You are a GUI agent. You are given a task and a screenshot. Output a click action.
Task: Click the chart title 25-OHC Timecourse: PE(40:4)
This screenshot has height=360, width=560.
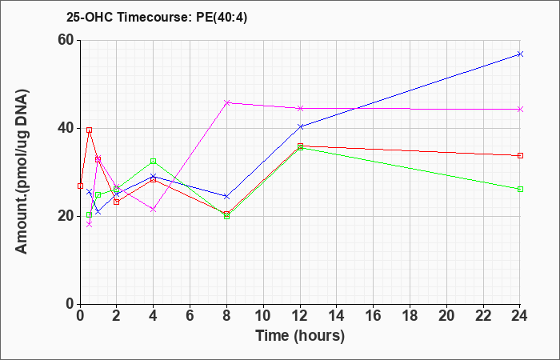click(x=157, y=18)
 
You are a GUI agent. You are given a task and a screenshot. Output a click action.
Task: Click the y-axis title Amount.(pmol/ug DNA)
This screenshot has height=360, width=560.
click(x=22, y=171)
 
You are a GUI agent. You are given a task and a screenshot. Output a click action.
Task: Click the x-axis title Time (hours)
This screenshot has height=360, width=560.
click(x=300, y=336)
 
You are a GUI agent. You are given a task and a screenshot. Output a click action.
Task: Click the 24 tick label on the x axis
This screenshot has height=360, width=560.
click(x=520, y=316)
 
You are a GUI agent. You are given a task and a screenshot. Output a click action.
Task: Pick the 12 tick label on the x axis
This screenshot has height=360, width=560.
click(x=300, y=316)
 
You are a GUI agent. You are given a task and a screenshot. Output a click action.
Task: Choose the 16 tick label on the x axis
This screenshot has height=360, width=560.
click(x=374, y=316)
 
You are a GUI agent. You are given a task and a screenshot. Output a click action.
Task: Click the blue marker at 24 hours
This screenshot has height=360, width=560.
click(x=520, y=54)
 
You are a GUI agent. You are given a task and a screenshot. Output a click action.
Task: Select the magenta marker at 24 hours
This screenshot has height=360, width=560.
click(x=520, y=110)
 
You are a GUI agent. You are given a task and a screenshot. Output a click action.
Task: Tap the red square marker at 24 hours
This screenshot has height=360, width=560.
click(x=520, y=156)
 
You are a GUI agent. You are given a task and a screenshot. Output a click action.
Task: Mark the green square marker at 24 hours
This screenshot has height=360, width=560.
click(x=520, y=189)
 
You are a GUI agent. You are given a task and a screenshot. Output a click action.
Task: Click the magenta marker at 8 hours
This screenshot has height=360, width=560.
click(x=226, y=102)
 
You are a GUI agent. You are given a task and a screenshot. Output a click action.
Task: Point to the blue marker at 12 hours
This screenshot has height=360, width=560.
click(x=300, y=126)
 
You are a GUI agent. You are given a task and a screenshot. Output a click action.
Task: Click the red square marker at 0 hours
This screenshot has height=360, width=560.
click(x=80, y=186)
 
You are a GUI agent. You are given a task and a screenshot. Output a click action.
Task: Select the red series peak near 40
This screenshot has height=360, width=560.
click(x=90, y=130)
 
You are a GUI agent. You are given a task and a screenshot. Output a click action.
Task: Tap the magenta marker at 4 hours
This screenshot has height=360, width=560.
click(x=154, y=210)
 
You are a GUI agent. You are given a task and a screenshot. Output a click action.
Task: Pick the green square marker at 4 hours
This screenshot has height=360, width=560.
click(x=154, y=161)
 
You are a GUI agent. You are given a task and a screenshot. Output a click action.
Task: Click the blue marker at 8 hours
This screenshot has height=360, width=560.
click(x=226, y=197)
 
